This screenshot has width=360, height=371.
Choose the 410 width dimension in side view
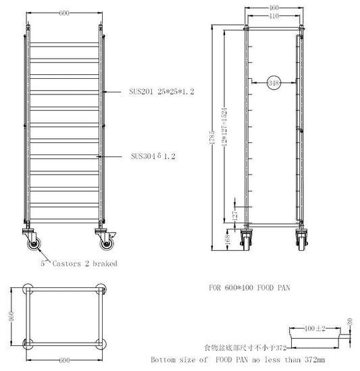pos(273,15)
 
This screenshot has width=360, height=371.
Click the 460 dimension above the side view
pos(273,8)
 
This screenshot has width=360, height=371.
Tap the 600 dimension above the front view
pos(66,13)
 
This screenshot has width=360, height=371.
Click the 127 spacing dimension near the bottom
pos(236,214)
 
